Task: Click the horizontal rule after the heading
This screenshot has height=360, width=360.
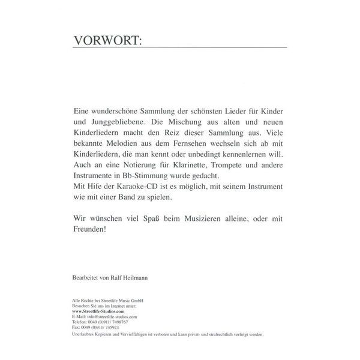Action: click(x=216, y=46)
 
